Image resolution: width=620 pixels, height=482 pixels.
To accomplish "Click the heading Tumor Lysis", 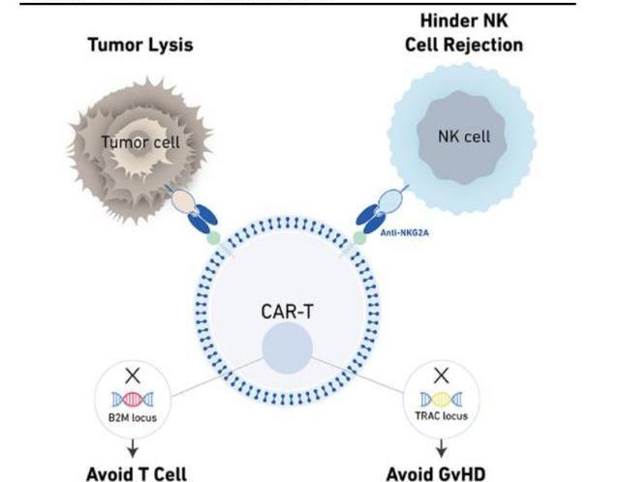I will point(141,45).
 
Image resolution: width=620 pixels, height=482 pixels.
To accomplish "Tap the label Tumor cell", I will point(141,142).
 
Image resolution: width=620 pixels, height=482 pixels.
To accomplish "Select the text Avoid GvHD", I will point(442,474).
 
